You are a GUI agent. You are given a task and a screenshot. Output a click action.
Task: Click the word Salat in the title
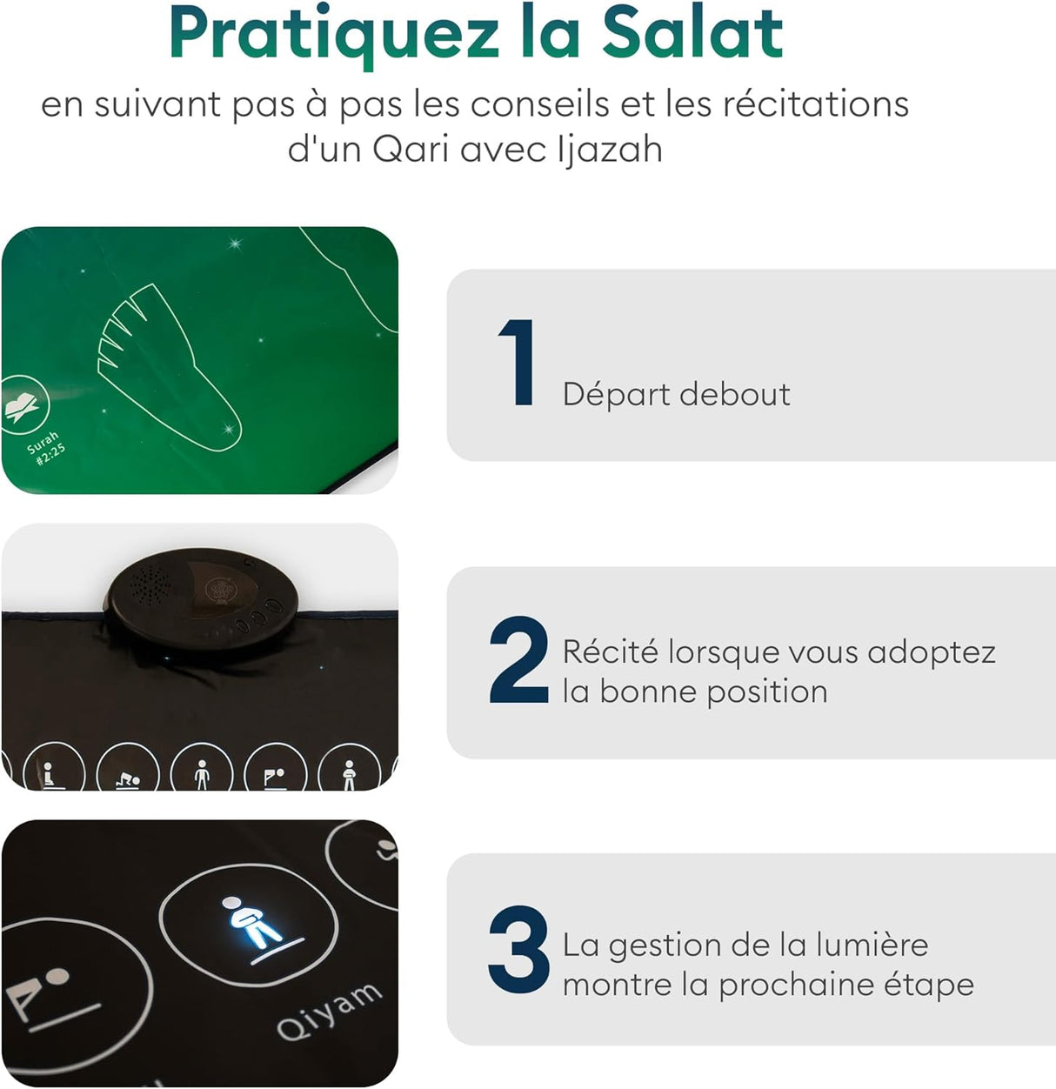692,33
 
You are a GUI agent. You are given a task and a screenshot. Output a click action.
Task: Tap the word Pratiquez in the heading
335,35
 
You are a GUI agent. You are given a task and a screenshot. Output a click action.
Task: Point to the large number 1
518,363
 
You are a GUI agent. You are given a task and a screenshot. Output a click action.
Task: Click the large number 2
518,660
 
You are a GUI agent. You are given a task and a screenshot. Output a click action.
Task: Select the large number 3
518,951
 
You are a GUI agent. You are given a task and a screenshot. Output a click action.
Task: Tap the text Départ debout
676,394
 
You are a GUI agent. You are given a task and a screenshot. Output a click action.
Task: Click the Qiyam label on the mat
329,1012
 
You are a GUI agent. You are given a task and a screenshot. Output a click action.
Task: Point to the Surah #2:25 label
45,448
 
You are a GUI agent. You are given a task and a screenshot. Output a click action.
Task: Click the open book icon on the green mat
23,404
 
